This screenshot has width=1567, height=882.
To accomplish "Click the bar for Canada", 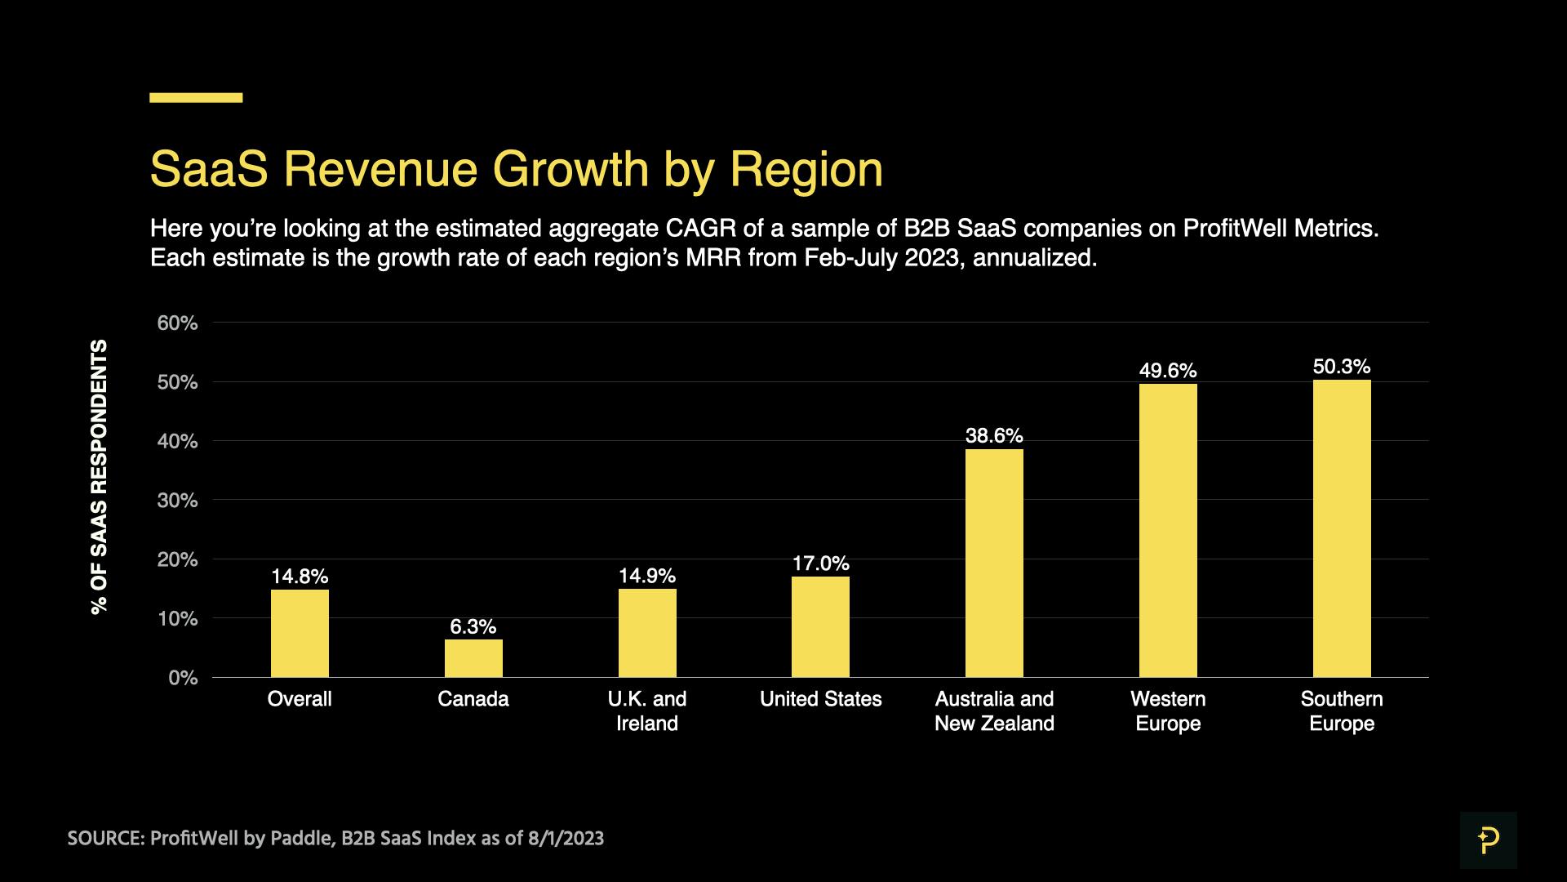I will pyautogui.click(x=473, y=658).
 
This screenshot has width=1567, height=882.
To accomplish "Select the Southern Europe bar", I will pyautogui.click(x=1342, y=528).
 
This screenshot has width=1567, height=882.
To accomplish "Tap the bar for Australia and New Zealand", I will pyautogui.click(x=994, y=563).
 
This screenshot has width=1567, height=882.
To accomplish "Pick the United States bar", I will pyautogui.click(x=820, y=626).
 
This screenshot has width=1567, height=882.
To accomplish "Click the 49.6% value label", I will pyautogui.click(x=1168, y=371).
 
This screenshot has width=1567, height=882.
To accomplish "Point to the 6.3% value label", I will pyautogui.click(x=473, y=626).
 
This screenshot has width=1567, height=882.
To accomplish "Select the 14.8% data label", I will pyautogui.click(x=300, y=577).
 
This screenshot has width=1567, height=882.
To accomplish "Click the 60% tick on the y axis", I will pyautogui.click(x=177, y=323).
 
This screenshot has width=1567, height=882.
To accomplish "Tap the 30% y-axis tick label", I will pyautogui.click(x=177, y=501).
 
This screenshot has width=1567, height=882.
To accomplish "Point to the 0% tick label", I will pyautogui.click(x=183, y=678).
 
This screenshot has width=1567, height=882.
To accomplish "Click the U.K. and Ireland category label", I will pyautogui.click(x=647, y=710).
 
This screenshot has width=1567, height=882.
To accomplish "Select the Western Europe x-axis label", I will pyautogui.click(x=1168, y=710).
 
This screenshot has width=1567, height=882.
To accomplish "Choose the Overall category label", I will pyautogui.click(x=300, y=699).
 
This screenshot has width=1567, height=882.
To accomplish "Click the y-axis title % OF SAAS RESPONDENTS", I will pyautogui.click(x=99, y=477).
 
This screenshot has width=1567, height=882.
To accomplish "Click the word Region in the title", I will pyautogui.click(x=806, y=169).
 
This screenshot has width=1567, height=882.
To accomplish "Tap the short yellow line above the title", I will pyautogui.click(x=196, y=98).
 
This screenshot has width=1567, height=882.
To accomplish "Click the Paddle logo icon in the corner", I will pyautogui.click(x=1488, y=840).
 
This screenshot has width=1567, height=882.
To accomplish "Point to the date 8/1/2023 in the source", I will pyautogui.click(x=566, y=839).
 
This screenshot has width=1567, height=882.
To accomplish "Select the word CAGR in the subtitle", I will pyautogui.click(x=701, y=228).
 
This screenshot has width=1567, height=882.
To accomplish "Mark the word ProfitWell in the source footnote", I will pyautogui.click(x=194, y=839).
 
